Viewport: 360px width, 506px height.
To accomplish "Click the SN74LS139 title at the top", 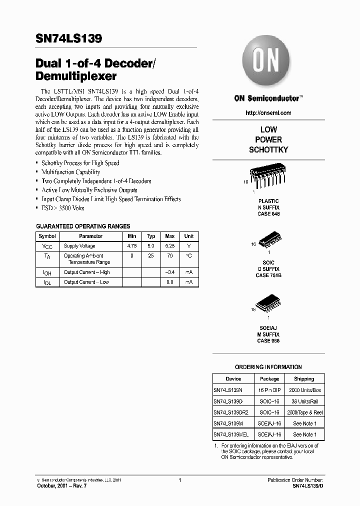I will [69, 39].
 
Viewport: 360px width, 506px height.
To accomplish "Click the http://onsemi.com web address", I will [268, 113].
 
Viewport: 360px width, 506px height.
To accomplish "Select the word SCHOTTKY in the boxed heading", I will [268, 150].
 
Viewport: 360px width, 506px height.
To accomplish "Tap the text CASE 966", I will [268, 340].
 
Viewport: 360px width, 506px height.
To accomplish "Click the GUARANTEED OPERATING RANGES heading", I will [83, 226].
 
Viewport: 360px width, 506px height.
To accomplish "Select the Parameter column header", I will [90, 236].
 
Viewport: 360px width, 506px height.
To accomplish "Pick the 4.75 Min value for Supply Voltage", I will [132, 246].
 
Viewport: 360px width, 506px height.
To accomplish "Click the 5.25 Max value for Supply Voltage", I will [170, 246].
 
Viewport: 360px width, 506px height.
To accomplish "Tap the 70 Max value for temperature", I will [170, 255].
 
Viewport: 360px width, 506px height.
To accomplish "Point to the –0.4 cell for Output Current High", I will [170, 272].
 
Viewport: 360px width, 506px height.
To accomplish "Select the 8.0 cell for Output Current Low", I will [170, 282].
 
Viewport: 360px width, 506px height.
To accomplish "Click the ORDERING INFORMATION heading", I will [268, 367].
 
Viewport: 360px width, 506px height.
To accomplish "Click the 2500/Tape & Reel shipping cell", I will [304, 412].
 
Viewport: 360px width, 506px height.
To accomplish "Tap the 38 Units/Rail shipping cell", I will [304, 401].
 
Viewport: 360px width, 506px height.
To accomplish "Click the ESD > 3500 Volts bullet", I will [63, 208].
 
